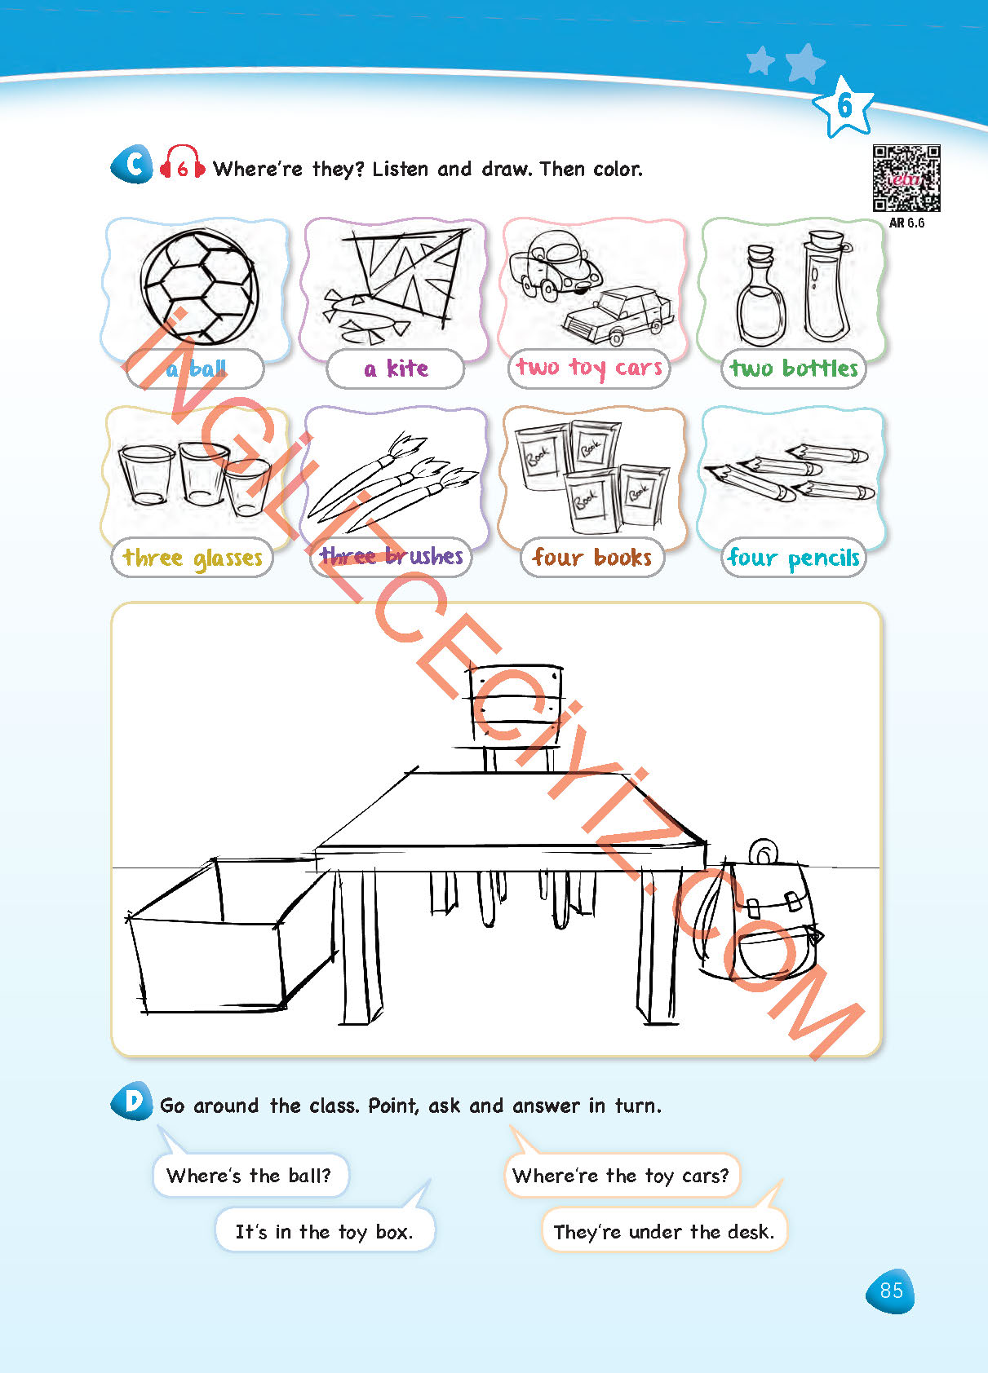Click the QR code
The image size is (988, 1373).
pos(906,179)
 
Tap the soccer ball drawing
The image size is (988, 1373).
pos(199,286)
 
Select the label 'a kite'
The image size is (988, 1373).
pos(396,369)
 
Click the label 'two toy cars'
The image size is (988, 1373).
pos(589,369)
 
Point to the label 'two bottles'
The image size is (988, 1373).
pos(794,369)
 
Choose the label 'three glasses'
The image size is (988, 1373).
pos(193,557)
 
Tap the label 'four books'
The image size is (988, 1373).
pos(591,557)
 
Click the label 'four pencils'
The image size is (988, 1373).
pos(794,557)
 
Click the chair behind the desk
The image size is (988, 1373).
pos(514,717)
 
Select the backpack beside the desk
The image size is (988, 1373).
pos(757,913)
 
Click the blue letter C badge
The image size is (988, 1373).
pos(132,164)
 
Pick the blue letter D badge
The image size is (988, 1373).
pos(132,1101)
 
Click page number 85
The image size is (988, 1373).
pos(890,1291)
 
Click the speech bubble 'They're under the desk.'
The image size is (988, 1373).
pos(663,1230)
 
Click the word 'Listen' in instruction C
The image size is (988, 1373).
pos(400,169)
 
